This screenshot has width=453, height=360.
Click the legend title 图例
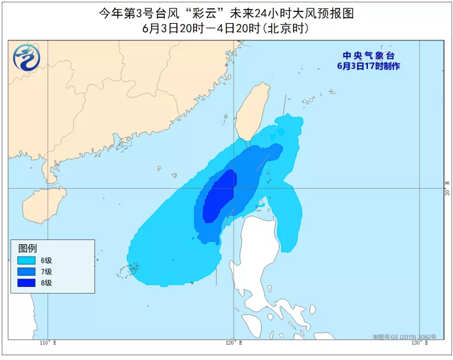[x=27, y=248]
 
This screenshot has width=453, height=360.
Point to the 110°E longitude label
[x=48, y=343]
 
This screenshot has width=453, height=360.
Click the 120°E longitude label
[x=234, y=343]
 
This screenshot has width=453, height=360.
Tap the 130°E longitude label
[x=420, y=343]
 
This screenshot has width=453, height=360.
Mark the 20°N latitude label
[x=448, y=188]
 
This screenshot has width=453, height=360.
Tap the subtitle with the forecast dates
[x=226, y=28]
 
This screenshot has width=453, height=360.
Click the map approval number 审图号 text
[x=404, y=336]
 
